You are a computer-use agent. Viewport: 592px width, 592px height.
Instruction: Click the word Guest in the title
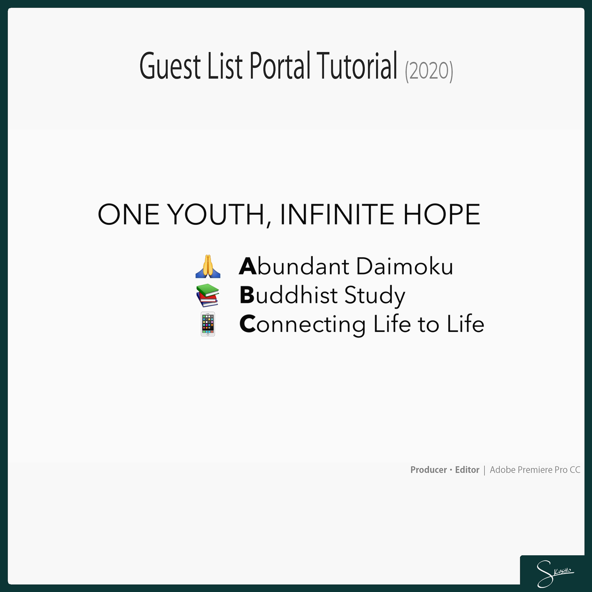[170, 66]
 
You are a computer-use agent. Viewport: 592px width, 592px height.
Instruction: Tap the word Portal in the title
[280, 65]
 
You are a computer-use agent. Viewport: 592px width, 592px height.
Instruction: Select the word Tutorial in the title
[357, 65]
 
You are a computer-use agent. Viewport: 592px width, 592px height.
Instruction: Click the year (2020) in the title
[429, 71]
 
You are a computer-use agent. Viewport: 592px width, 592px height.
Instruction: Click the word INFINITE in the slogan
[337, 214]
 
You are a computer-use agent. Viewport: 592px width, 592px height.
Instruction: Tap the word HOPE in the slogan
[442, 214]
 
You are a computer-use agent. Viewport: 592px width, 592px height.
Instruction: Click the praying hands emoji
[208, 266]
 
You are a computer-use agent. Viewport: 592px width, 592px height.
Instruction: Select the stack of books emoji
[208, 295]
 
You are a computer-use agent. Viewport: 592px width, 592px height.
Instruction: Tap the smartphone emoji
[208, 324]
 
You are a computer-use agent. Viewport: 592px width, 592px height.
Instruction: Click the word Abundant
[294, 266]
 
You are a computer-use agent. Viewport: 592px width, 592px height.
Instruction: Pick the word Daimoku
[405, 266]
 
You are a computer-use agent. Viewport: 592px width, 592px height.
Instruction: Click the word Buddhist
[289, 295]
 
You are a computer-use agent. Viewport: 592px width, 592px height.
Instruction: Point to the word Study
[375, 296]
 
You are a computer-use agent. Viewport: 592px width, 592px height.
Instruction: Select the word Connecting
[302, 325]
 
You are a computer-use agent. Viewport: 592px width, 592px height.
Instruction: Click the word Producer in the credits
[429, 470]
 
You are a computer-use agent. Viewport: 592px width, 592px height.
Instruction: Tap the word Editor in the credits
[467, 470]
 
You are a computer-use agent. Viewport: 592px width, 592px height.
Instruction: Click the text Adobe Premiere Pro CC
[535, 470]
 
